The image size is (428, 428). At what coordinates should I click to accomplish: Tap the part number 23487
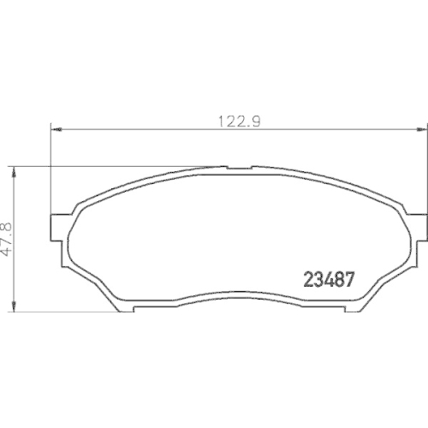[330, 280]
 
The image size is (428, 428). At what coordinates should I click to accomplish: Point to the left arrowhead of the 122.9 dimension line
[57, 130]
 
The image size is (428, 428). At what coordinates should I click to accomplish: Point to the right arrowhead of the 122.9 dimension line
[420, 130]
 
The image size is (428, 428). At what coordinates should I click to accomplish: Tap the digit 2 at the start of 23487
[310, 280]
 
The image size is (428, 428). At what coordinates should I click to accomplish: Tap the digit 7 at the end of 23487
[349, 280]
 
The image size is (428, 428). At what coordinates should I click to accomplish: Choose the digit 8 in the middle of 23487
[339, 280]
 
